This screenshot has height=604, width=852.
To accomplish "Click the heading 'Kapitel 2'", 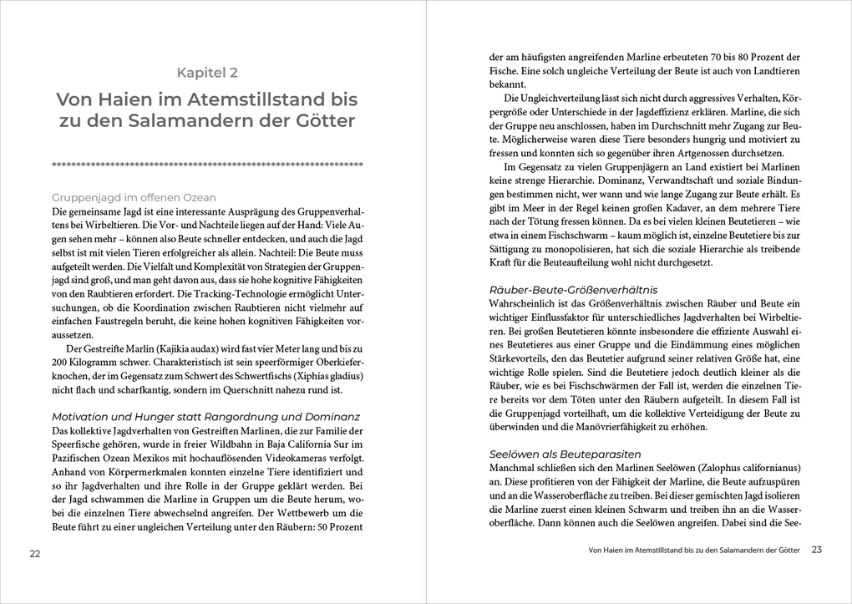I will (206, 72).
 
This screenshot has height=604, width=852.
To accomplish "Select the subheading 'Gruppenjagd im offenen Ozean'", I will (134, 198).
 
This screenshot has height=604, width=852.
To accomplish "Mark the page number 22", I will (34, 554).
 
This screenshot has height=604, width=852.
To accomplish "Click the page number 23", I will (817, 550).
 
